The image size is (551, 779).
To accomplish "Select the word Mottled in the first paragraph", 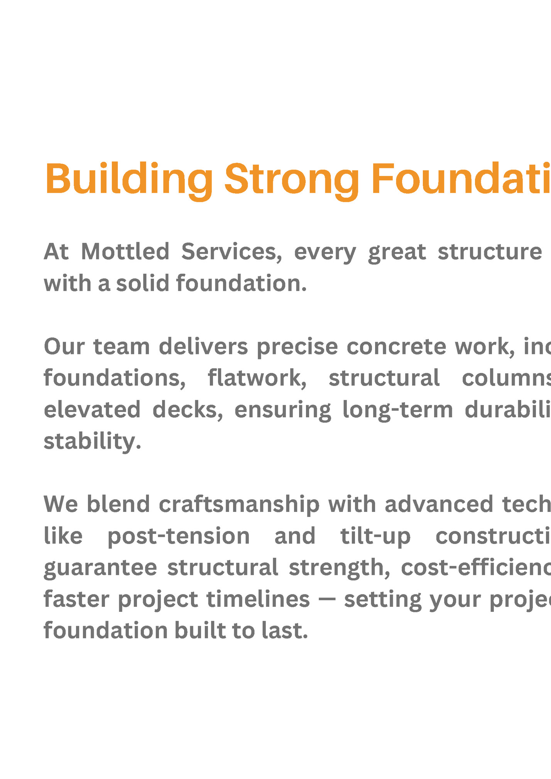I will point(125,252).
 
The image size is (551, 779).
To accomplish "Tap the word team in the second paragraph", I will point(122,347).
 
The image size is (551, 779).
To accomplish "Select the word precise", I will point(297,347).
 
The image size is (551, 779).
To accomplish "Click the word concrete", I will point(396,347).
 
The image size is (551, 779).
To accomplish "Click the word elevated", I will point(92,410).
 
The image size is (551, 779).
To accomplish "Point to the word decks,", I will point(188,410).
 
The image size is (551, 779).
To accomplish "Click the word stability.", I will point(92,441).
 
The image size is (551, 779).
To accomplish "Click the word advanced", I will point(439,504).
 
